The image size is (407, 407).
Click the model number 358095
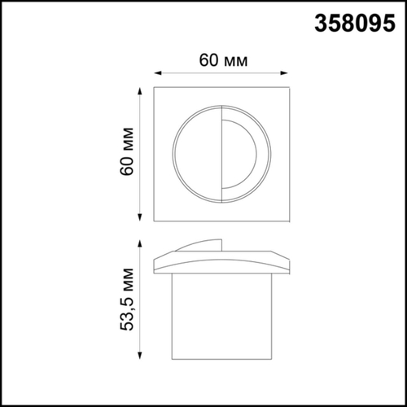pos(356,24)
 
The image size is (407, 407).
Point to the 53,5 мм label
pos(126,300)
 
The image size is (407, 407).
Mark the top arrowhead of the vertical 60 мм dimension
pos(142,87)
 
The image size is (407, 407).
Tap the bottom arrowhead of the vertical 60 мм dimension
pos(142,218)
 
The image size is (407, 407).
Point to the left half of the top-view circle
pos(195,153)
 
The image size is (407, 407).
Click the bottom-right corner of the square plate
pos(289,220)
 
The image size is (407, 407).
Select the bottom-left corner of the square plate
pos(156,220)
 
